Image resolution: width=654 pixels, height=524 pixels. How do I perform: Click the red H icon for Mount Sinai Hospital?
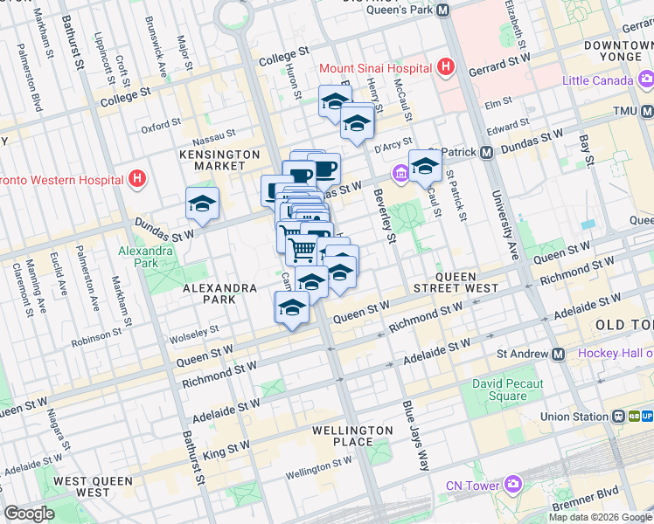446,67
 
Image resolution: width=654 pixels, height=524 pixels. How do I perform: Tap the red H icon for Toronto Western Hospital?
136,180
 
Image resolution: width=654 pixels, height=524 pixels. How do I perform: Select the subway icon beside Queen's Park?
442,10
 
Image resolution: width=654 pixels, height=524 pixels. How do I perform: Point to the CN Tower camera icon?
511,484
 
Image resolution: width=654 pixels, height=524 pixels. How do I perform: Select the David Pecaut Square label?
507,390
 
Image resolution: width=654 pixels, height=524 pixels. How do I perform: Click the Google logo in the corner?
30,513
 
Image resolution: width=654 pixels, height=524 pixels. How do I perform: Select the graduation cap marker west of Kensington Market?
202,205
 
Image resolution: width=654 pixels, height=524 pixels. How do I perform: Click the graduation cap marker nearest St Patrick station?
425,166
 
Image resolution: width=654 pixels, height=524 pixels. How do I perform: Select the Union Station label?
574,417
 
